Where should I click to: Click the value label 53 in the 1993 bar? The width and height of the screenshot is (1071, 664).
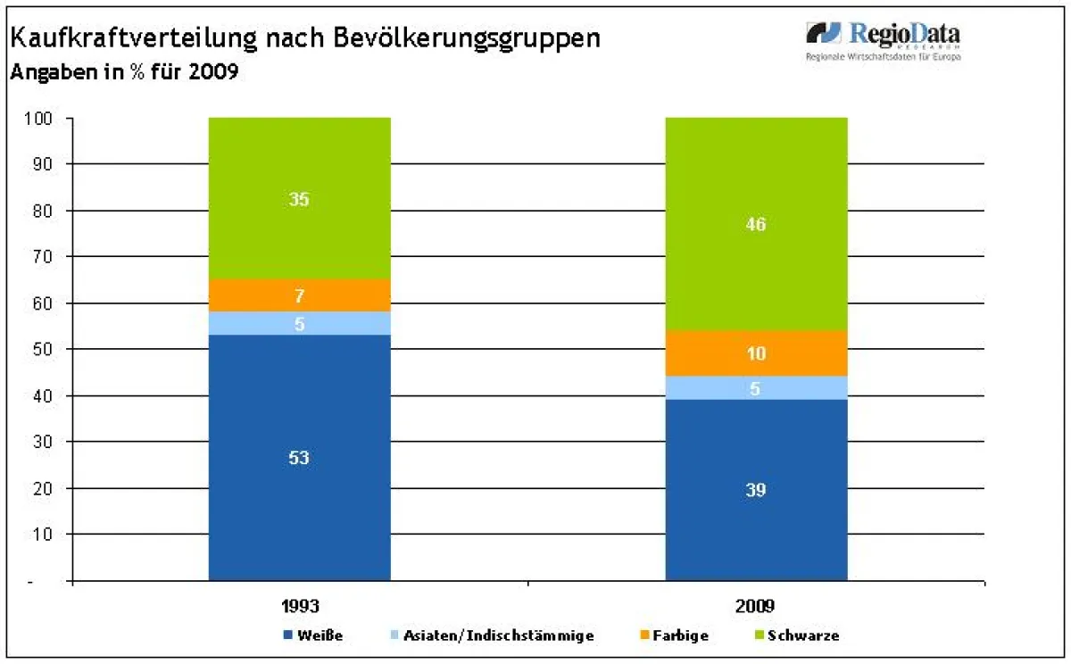[x=299, y=458]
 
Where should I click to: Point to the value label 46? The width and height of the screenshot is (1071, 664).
[x=756, y=225]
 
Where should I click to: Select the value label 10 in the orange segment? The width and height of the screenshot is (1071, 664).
[x=756, y=354]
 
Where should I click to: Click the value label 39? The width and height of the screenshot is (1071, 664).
[x=756, y=490]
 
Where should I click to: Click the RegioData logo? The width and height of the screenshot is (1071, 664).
[x=884, y=40]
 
